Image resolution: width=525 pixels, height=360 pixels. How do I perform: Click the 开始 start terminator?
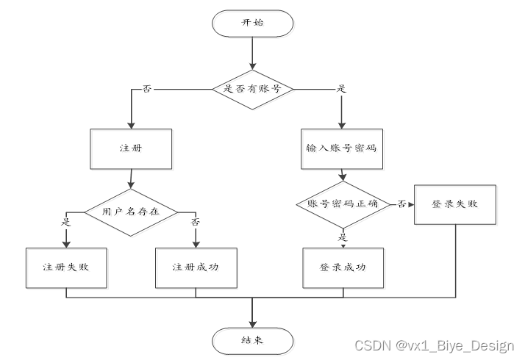[252, 23]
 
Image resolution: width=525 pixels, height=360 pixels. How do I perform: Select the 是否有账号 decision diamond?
[252, 88]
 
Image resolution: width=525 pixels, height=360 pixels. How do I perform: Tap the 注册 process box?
[131, 148]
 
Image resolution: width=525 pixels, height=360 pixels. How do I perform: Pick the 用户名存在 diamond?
[131, 212]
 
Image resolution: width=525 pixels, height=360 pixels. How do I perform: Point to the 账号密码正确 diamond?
[342, 204]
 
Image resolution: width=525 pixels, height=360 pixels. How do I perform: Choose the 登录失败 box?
[454, 204]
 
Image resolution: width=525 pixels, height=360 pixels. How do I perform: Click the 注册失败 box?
[66, 266]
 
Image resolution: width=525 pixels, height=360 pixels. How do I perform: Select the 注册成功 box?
[196, 266]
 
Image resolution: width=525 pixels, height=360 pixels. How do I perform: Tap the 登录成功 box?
[343, 266]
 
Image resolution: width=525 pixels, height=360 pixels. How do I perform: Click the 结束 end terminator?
[252, 340]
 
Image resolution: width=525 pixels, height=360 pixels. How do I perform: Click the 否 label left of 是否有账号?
[147, 88]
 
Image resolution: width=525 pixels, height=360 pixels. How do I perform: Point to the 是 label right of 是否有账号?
[340, 88]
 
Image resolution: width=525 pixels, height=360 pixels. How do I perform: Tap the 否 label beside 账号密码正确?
[401, 204]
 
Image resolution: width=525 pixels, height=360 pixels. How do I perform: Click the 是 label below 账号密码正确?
[343, 237]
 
